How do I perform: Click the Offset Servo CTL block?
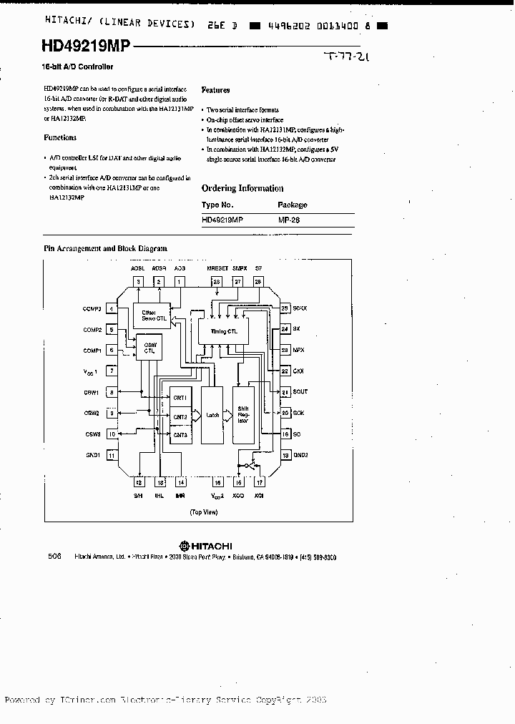click(152, 315)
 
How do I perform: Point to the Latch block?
click(212, 414)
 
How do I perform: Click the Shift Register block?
click(243, 415)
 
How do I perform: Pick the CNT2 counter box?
click(179, 416)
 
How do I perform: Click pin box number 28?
click(258, 282)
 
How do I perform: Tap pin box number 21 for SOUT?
click(285, 392)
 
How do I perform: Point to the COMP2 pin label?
click(92, 330)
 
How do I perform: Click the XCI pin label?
click(260, 496)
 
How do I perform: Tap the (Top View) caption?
click(203, 512)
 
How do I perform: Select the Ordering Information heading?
click(242, 188)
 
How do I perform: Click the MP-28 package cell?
click(289, 221)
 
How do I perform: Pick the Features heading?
click(216, 90)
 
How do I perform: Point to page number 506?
click(55, 556)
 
